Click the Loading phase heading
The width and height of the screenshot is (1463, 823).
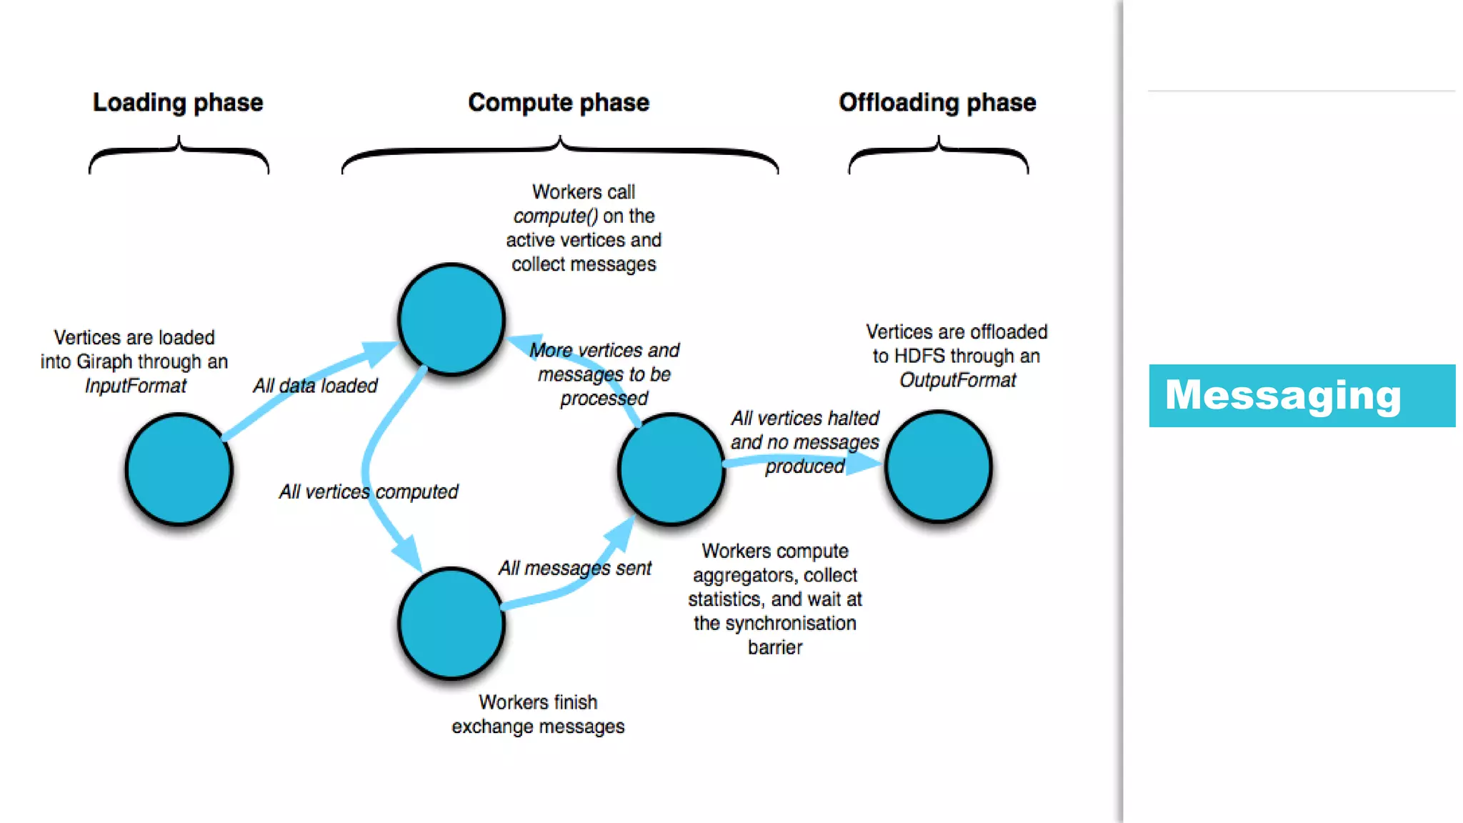coord(178,103)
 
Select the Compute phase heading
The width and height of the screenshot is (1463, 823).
coord(559,103)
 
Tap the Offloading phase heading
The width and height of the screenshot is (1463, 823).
coord(937,103)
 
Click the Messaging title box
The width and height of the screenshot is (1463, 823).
coord(1302,396)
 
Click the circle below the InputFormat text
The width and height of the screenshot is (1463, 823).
coord(179,469)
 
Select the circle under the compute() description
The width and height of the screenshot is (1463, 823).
coord(451,319)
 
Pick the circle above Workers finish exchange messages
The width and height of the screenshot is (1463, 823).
coord(451,623)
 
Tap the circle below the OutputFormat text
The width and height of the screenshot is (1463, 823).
coord(939,467)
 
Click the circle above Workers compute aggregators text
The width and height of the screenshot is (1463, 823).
coord(671,469)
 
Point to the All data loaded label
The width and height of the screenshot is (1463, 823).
coord(315,386)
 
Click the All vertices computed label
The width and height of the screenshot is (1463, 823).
coord(368,492)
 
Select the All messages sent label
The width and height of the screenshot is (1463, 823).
coord(575,568)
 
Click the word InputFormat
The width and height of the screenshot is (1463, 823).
coord(136,386)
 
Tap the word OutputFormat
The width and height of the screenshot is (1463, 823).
coord(957,380)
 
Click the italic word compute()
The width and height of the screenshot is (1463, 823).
coord(555,216)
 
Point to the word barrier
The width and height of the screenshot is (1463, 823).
coord(775,647)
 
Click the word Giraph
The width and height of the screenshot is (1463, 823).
coord(104,362)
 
